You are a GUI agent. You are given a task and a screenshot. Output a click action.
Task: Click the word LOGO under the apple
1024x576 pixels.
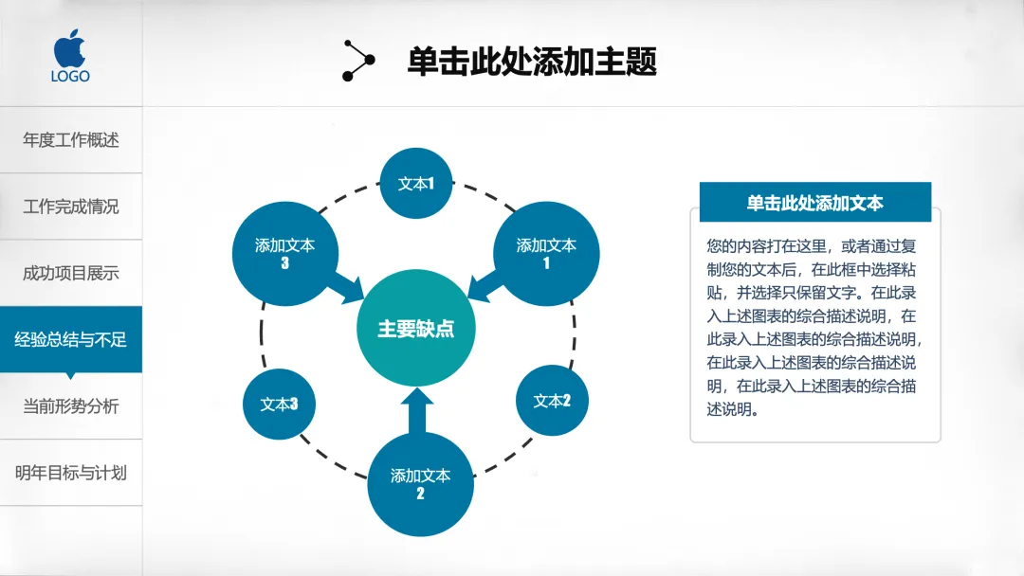coord(71,76)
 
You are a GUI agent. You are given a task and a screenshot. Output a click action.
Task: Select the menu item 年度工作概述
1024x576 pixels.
coord(71,140)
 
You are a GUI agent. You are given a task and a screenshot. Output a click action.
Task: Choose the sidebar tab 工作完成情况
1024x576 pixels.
coord(71,207)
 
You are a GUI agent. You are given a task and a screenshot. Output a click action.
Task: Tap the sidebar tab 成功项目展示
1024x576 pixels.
coord(71,273)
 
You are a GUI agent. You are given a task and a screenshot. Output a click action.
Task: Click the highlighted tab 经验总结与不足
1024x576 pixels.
coord(71,339)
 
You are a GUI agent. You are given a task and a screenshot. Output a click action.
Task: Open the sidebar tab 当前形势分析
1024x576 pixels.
coord(71,406)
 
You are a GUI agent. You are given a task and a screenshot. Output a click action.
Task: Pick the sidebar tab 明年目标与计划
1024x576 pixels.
coord(71,473)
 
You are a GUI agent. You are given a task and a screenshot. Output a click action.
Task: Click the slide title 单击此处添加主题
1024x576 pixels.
coord(532,62)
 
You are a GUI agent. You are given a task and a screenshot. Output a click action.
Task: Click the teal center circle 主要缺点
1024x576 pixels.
coord(415,330)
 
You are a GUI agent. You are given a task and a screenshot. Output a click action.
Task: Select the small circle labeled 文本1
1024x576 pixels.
coord(415,184)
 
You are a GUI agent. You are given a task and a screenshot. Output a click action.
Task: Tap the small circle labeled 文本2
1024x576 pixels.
coord(552,401)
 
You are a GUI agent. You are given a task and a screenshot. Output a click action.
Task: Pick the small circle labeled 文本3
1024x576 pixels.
coord(280,405)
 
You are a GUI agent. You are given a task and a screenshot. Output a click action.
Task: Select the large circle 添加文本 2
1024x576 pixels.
coord(420,483)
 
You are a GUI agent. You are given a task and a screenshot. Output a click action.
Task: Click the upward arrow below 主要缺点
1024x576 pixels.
coord(416,412)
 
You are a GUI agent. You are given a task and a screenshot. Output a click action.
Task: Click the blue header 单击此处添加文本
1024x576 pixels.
coord(815,203)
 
